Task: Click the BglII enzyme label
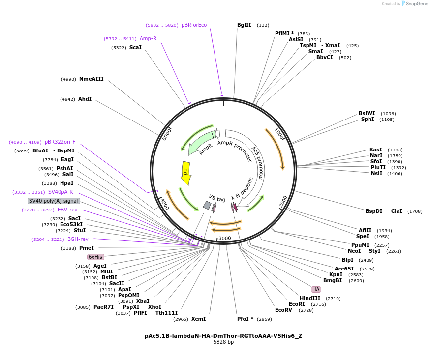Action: pos(244,25)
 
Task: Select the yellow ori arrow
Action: pos(185,173)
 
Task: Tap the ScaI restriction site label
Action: pos(135,47)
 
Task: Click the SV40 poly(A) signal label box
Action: pos(54,201)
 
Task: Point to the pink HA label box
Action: pos(316,289)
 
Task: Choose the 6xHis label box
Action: pos(95,257)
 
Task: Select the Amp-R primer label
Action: pos(148,38)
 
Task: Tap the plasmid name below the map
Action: pos(223,336)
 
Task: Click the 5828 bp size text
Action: pos(223,342)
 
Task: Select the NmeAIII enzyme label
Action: pos(92,79)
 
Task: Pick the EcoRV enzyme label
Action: pos(283,310)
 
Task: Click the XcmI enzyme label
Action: pos(199,319)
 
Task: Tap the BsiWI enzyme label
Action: pos(367,113)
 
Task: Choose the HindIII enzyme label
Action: pos(310,298)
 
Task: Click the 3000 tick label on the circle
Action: pos(225,238)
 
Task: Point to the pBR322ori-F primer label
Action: pos(60,142)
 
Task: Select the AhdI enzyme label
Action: pos(85,99)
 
